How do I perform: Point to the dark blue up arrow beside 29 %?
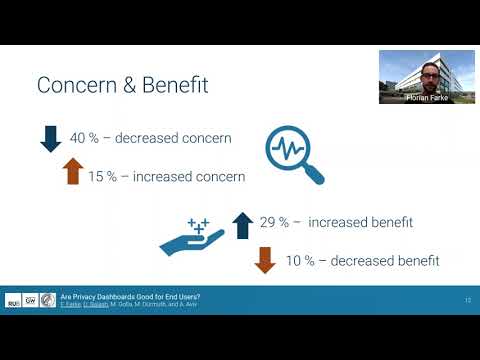tap(241, 224)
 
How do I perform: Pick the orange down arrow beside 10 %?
tap(265, 260)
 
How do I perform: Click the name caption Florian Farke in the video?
tap(426, 98)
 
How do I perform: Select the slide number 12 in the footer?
tap(467, 299)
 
